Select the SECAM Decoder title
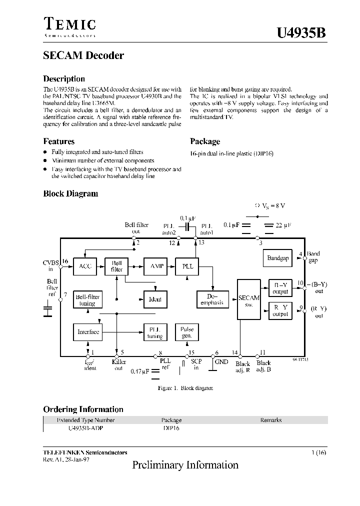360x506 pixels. pos(83,55)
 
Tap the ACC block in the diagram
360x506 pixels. pos(85,266)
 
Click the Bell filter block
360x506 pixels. pos(116,266)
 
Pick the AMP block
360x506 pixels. pos(155,266)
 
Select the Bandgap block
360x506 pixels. pos(278,258)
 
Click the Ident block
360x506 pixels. pos(155,299)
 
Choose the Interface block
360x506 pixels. pos(88,332)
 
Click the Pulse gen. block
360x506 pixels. pos(186,332)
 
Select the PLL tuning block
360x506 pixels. pos(155,332)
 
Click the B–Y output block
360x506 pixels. pos(280,288)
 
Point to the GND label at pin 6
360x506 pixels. pos(221,361)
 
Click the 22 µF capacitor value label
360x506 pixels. pos(283,225)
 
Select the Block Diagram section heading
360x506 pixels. pos(70,193)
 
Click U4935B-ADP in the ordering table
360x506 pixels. pos(85,428)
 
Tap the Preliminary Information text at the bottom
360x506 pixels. pos(185,465)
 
